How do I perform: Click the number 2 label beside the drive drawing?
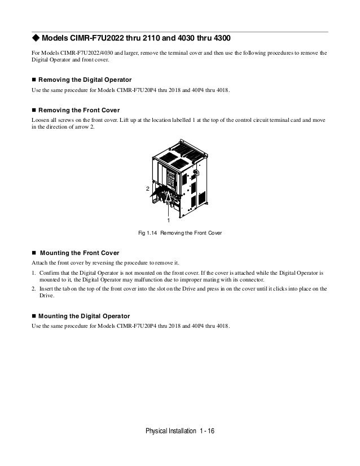pyautogui.click(x=148, y=190)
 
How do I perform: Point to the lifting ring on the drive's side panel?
pyautogui.click(x=196, y=173)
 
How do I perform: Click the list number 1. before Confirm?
pyautogui.click(x=33, y=273)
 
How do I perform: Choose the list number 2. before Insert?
pyautogui.click(x=33, y=289)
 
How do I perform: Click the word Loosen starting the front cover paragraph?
pyautogui.click(x=40, y=121)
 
